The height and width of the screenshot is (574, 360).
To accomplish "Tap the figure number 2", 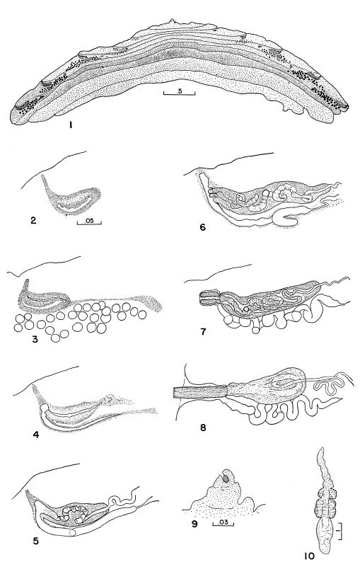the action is click(34, 221).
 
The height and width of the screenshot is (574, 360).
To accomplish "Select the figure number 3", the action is click(35, 340).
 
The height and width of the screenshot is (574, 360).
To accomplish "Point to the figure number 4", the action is click(36, 435).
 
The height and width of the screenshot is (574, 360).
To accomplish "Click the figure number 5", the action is click(35, 541).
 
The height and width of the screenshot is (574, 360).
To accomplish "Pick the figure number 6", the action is click(203, 227).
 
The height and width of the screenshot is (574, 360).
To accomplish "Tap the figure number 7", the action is click(203, 332).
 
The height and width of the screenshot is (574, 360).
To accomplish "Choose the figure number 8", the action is click(204, 427).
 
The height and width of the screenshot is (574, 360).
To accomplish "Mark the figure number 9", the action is click(194, 524).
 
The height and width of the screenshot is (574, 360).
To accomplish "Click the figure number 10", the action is click(308, 556).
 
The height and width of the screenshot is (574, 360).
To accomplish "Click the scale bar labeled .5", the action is click(179, 93).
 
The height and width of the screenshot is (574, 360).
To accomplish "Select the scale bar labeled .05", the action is click(89, 222).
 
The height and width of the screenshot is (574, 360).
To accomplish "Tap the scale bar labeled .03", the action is click(223, 524).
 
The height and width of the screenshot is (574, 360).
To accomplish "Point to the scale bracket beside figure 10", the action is click(341, 529).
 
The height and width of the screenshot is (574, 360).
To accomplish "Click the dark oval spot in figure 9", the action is click(226, 478).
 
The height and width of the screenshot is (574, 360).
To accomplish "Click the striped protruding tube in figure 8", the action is click(199, 393).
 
